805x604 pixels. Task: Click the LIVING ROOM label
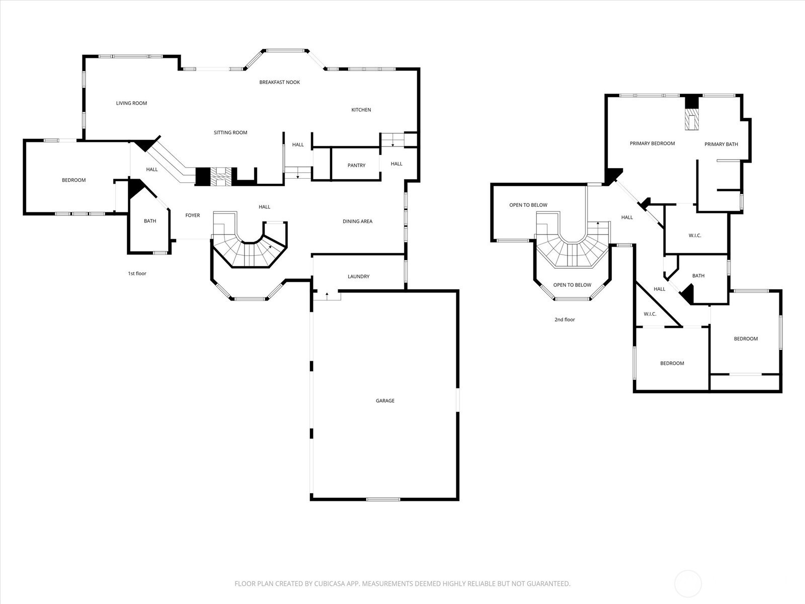131,103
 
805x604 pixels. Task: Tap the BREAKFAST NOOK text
279,82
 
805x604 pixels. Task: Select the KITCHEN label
361,110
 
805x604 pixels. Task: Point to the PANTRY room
356,166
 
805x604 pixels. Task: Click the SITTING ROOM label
230,132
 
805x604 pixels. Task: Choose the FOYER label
193,215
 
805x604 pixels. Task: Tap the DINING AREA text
357,221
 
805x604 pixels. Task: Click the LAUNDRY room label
358,276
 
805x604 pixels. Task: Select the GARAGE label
385,401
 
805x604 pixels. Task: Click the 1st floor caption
137,273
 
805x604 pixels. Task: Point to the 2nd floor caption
565,320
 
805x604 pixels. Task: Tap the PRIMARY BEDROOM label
652,143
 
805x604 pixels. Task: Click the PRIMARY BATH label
721,144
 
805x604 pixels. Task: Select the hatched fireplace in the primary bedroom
692,119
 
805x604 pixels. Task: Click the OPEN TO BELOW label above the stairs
528,205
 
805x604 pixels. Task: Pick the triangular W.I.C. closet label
650,314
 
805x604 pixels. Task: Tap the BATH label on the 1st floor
149,221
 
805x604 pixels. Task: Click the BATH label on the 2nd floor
698,276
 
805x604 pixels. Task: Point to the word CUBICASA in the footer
330,583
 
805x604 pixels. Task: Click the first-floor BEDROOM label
74,180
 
